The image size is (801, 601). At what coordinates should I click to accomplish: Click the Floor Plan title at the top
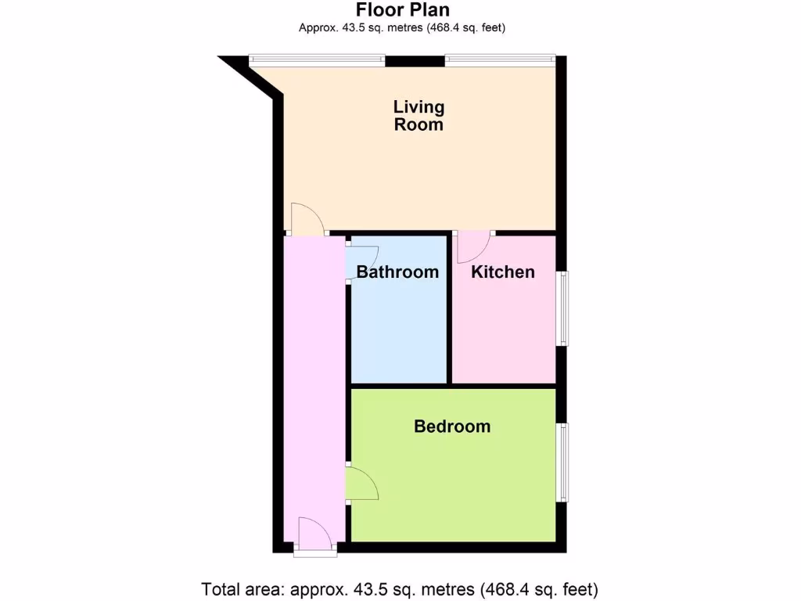click(403, 10)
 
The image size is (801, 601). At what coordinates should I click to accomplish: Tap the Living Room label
click(418, 116)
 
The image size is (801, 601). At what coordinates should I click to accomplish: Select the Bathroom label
click(397, 272)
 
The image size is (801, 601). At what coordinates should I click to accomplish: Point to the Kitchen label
click(503, 272)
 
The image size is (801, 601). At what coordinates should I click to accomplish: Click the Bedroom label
click(452, 426)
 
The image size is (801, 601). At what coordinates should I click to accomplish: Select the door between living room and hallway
click(307, 220)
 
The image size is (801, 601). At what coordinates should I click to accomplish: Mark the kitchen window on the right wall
click(562, 308)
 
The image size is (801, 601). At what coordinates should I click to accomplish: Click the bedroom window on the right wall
click(562, 462)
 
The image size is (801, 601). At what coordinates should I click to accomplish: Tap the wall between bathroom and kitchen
click(449, 309)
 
